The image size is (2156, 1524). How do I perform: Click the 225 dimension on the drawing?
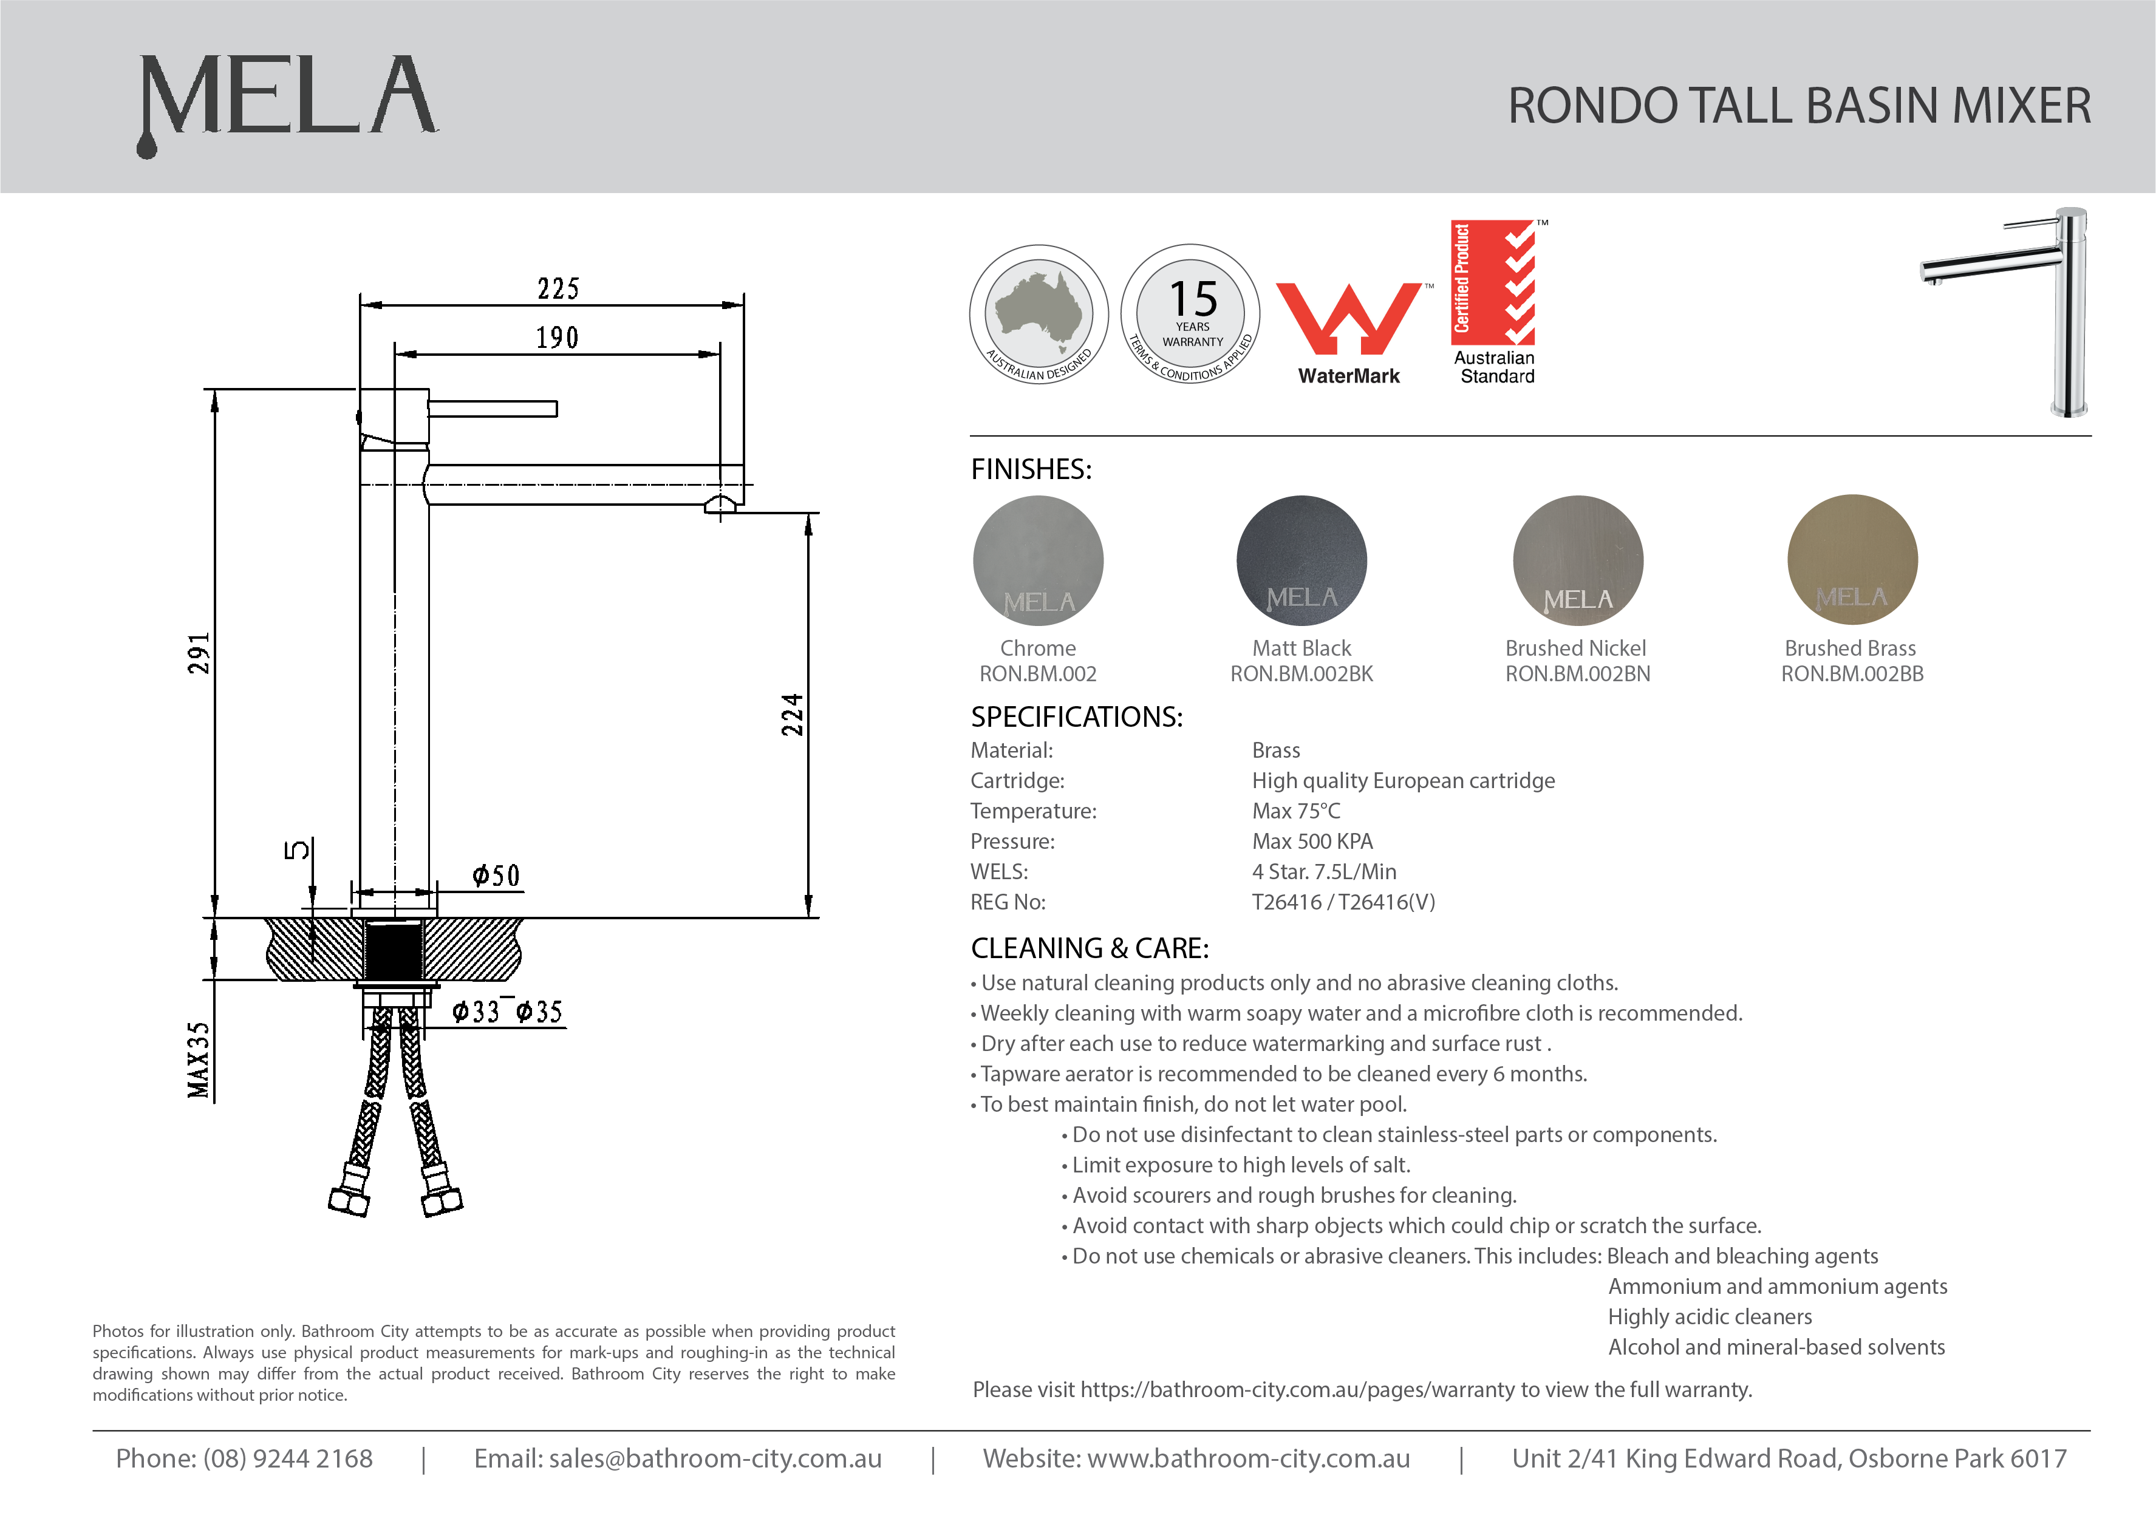click(558, 288)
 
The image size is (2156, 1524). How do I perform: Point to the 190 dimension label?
click(557, 337)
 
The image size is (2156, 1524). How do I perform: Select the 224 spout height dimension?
click(793, 715)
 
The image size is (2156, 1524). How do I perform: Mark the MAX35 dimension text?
click(198, 1059)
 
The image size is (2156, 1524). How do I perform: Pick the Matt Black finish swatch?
click(1301, 560)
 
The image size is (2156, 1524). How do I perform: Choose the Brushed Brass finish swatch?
click(1852, 560)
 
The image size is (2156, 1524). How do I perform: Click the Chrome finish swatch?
click(1038, 560)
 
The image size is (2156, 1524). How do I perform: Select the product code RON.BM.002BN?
click(1578, 674)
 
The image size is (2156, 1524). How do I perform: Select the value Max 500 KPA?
click(1312, 842)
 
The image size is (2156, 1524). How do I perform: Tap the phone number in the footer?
click(244, 1458)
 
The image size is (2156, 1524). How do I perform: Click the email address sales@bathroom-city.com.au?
click(678, 1458)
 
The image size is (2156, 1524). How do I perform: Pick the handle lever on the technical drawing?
click(493, 409)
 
